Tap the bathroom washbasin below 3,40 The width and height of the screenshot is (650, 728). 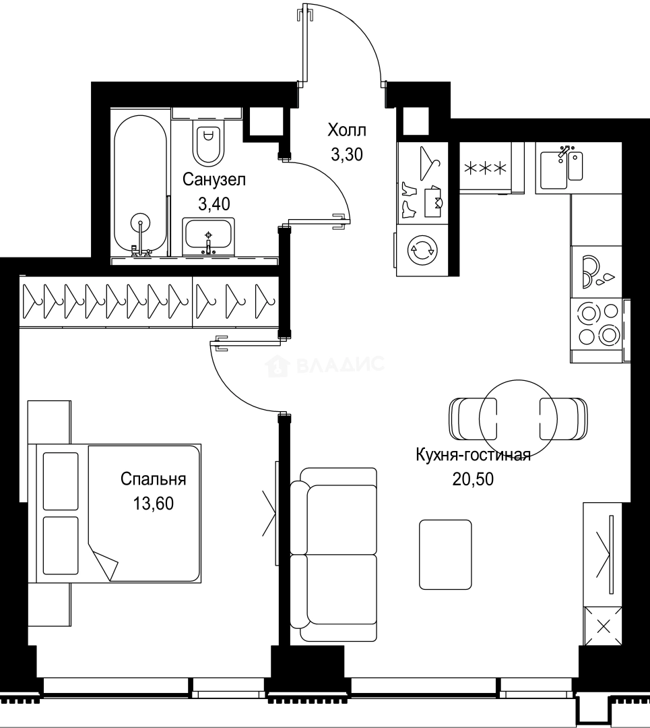[x=208, y=235]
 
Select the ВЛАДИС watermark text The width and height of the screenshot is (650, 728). [x=327, y=366]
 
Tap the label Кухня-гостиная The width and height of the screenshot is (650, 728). [x=474, y=455]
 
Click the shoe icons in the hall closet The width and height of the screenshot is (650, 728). [x=409, y=199]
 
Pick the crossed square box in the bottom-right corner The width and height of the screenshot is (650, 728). [x=604, y=625]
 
